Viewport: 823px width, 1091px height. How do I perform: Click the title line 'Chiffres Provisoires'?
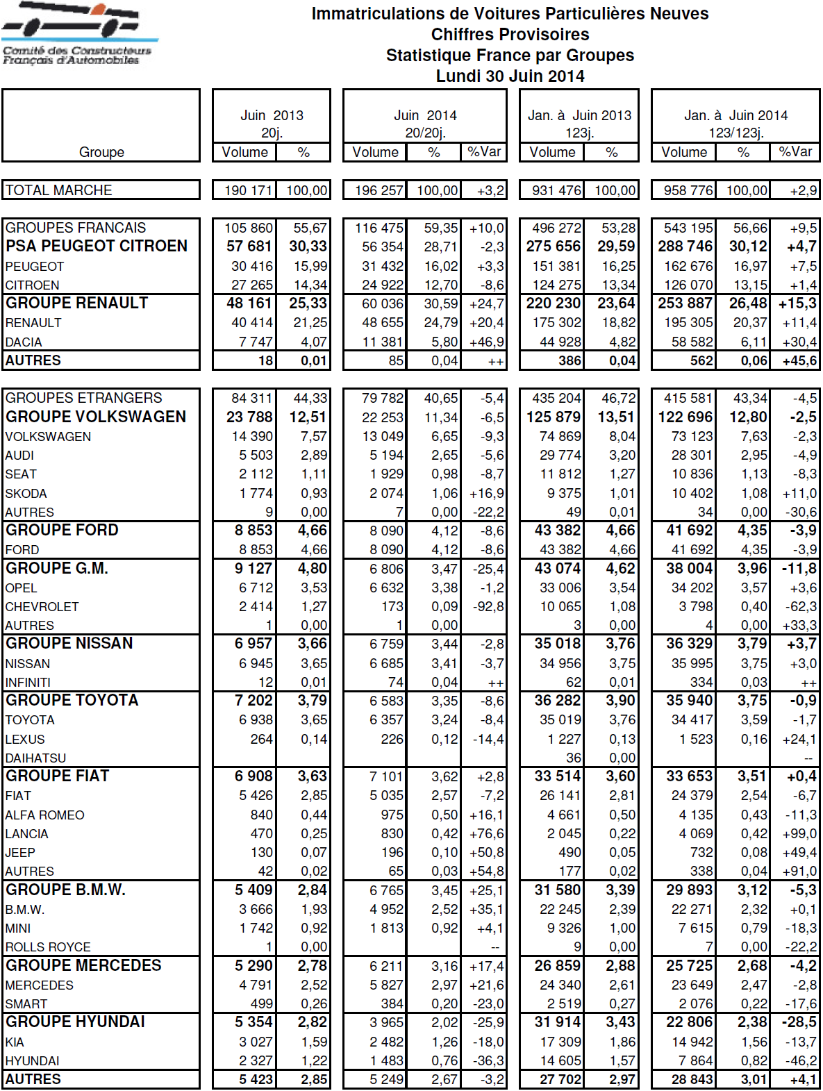(x=510, y=35)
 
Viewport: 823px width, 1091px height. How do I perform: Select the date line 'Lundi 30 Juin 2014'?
(x=510, y=76)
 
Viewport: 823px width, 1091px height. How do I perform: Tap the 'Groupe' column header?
(x=101, y=152)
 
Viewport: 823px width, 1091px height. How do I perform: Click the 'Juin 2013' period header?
(x=272, y=115)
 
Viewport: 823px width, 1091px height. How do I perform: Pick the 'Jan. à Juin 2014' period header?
(x=735, y=115)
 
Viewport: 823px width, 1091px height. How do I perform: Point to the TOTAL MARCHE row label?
(x=59, y=190)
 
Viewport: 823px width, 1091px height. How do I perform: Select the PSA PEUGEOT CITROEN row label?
(x=97, y=247)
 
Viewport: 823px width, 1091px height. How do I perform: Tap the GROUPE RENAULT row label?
(x=77, y=303)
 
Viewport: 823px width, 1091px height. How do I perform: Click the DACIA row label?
(x=24, y=342)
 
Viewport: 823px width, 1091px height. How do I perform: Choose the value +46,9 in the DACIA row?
(x=487, y=342)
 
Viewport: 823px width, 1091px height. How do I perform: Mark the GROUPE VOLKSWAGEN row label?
(x=96, y=417)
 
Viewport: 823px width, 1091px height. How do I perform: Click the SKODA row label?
(x=26, y=494)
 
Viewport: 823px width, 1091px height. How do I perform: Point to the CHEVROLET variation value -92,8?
(x=487, y=607)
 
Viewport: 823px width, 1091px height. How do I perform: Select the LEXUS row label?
(x=25, y=740)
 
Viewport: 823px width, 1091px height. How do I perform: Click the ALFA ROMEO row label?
(x=45, y=815)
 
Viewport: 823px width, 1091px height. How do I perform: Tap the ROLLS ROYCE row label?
(x=48, y=947)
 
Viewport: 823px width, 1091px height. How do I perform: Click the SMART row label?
(x=26, y=1004)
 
